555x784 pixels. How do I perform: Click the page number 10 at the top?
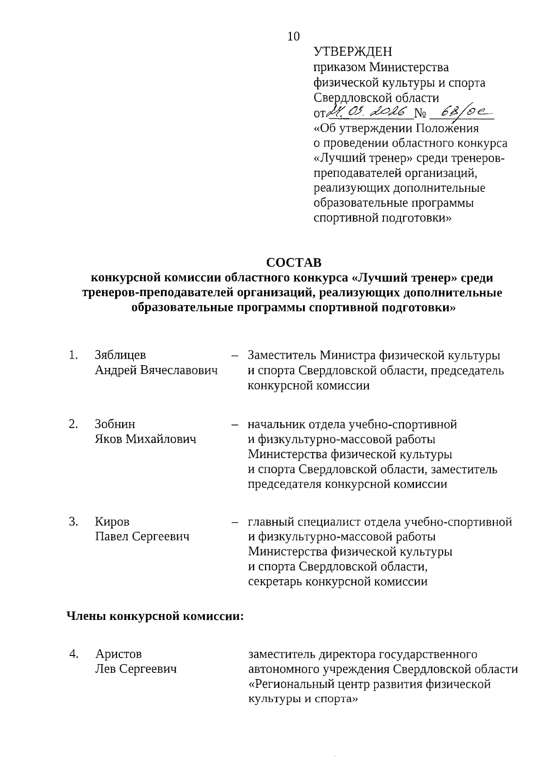294,37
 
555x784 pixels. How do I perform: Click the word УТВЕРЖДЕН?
352,52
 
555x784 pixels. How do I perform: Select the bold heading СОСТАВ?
294,263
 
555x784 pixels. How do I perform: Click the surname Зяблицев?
120,355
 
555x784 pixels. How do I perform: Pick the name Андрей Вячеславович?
156,370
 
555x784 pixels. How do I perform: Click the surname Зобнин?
115,424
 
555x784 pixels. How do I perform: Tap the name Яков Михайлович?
146,439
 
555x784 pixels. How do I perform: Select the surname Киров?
112,521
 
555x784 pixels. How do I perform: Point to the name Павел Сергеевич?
142,537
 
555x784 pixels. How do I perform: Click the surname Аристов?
118,654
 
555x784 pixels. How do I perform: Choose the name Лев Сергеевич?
136,669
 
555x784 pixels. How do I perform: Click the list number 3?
73,521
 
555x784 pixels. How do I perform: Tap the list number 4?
73,654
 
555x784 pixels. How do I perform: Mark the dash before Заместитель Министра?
234,355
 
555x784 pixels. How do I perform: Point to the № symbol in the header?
420,112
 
